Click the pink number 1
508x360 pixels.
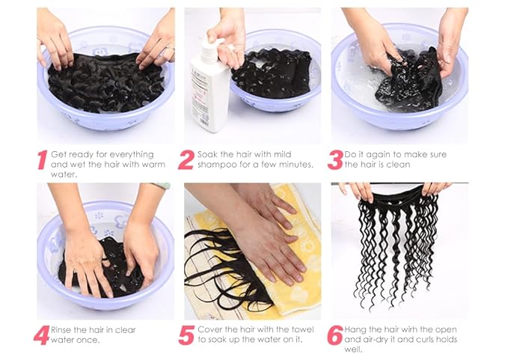coord(42,160)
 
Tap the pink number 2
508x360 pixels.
coord(186,160)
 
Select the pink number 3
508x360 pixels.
coord(335,160)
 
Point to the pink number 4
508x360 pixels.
coord(41,335)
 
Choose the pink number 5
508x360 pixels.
coord(186,335)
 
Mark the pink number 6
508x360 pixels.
coord(335,335)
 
